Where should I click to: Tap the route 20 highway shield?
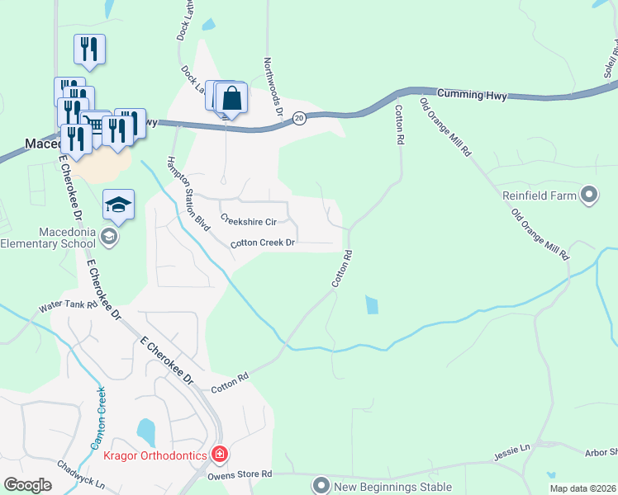[x=300, y=118]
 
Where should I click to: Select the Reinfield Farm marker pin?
[x=588, y=196]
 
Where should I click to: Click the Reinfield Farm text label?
[x=539, y=196]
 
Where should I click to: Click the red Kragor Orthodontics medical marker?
[x=220, y=454]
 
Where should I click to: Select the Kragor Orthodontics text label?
[x=155, y=454]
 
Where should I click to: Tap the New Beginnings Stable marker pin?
[x=321, y=484]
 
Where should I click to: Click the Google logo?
[x=28, y=485]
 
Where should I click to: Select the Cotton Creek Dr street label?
[x=263, y=243]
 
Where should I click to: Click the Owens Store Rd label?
[x=238, y=474]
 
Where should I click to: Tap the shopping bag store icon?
[x=233, y=99]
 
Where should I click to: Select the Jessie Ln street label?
[x=511, y=450]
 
